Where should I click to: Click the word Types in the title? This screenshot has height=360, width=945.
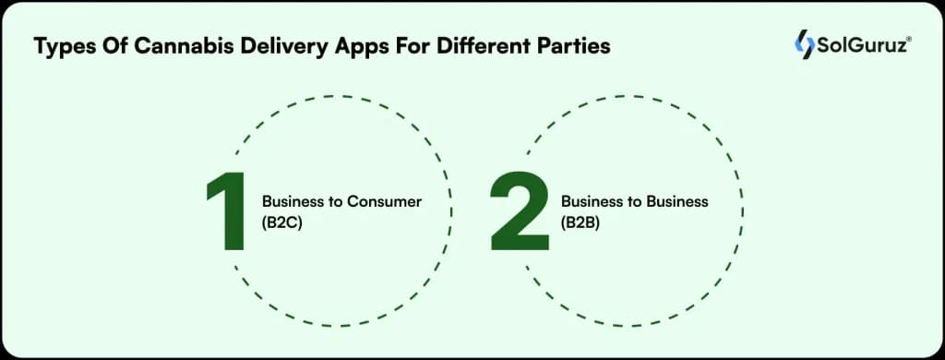[63, 47]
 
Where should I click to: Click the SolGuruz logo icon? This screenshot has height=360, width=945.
[804, 44]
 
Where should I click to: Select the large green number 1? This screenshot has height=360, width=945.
[225, 212]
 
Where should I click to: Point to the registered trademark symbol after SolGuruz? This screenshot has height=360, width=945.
[910, 38]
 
